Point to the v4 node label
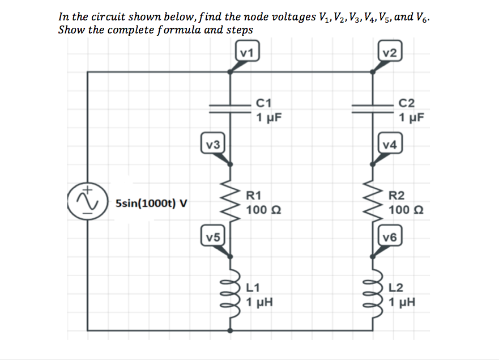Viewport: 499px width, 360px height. pos(391,144)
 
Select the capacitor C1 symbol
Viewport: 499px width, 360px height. pos(230,108)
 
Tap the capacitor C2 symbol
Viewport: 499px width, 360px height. pos(372,108)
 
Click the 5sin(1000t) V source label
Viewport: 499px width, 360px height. pos(151,203)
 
